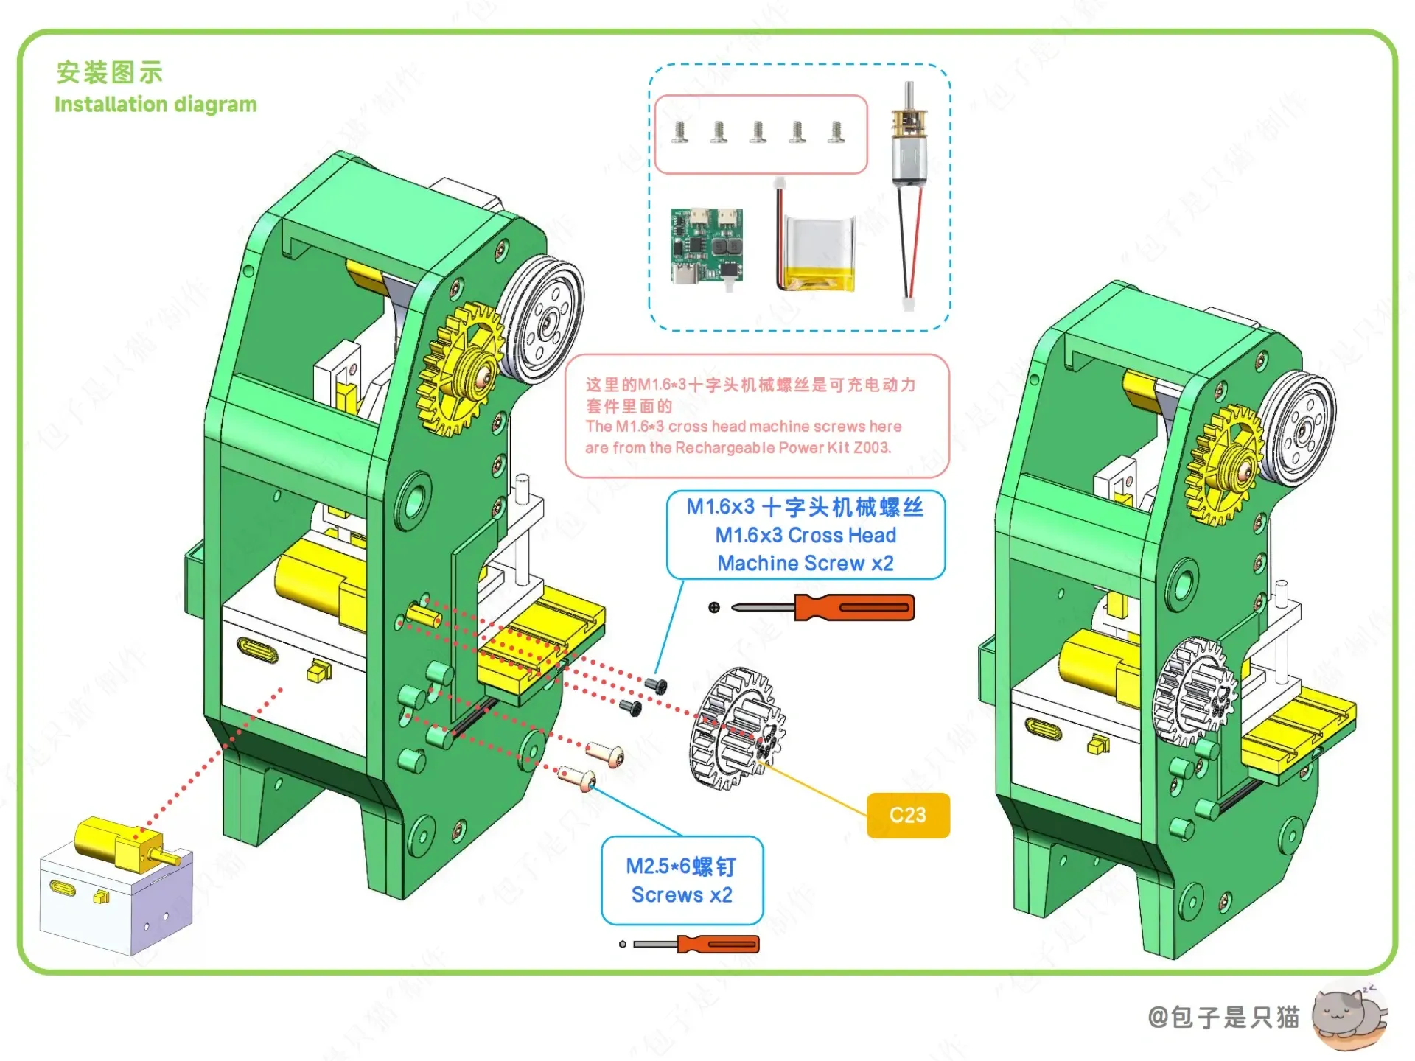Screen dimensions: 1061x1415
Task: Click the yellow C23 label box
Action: [907, 815]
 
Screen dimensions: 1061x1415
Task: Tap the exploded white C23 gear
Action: [737, 728]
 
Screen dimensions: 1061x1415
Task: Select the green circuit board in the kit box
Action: [706, 246]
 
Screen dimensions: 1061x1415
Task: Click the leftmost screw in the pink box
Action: [680, 132]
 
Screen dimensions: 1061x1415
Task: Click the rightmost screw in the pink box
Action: [836, 132]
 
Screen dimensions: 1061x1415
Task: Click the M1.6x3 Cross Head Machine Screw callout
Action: [806, 535]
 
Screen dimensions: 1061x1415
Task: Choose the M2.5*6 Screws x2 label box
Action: [682, 880]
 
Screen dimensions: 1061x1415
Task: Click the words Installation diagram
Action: [156, 105]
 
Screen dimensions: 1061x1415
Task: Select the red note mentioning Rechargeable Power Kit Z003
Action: [756, 416]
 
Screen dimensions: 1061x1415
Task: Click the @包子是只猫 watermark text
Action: [1223, 1018]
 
